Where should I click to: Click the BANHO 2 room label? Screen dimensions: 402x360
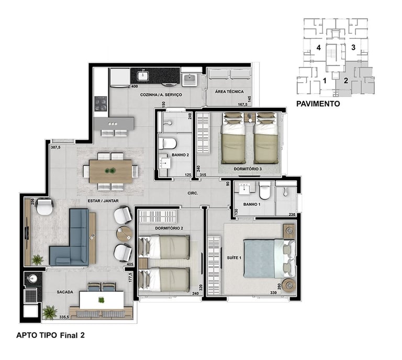click(x=180, y=155)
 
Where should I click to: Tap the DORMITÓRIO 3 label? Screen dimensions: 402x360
click(x=248, y=169)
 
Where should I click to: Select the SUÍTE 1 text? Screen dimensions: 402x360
click(x=234, y=258)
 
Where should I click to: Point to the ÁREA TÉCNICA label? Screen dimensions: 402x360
click(x=229, y=92)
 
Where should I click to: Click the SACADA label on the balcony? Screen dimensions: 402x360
click(x=65, y=292)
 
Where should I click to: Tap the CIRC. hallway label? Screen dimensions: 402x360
click(x=193, y=193)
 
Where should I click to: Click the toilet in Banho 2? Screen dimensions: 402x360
click(x=167, y=143)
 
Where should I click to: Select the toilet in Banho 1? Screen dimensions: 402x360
click(x=265, y=190)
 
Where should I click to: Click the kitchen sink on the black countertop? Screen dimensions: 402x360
click(x=142, y=75)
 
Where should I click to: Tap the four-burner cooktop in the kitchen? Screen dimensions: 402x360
click(x=100, y=104)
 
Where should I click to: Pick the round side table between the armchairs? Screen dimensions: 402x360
click(x=125, y=233)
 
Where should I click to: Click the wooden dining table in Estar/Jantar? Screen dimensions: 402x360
click(x=111, y=171)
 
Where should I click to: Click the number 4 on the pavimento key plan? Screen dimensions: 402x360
click(x=318, y=48)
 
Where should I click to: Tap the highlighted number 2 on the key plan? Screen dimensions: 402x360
click(x=346, y=81)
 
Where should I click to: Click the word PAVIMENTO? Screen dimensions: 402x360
click(x=318, y=104)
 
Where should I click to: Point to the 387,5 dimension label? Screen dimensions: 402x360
click(x=55, y=148)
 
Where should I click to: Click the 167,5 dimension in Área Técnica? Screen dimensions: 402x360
click(x=242, y=105)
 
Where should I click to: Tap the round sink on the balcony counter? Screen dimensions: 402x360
click(x=32, y=278)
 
